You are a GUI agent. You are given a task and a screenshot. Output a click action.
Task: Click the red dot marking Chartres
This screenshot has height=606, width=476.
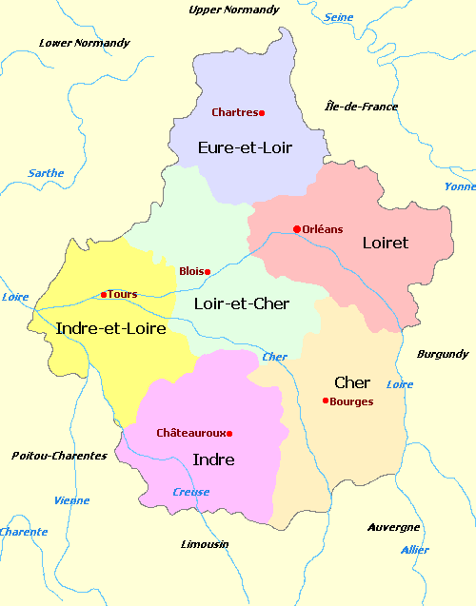tap(262, 113)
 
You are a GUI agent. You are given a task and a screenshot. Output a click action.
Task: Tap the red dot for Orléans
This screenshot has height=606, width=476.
tap(297, 228)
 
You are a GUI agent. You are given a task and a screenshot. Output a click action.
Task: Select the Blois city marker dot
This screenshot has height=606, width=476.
tap(208, 272)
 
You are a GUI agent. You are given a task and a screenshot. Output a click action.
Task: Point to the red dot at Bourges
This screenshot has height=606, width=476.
tap(326, 401)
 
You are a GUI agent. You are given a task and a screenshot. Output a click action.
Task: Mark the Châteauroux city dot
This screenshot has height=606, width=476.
tap(229, 434)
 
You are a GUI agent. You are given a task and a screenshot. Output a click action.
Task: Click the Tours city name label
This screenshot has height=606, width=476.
tap(123, 294)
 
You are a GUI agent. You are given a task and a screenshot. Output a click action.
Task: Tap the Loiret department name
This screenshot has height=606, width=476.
tap(385, 243)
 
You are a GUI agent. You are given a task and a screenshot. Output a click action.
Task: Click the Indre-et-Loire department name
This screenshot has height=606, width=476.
tap(111, 328)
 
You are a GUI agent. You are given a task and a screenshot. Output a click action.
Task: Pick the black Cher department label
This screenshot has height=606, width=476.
tap(352, 382)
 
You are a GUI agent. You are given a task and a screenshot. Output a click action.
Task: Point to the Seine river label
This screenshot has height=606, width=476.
tap(338, 17)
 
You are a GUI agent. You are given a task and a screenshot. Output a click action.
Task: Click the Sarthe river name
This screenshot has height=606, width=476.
tap(47, 173)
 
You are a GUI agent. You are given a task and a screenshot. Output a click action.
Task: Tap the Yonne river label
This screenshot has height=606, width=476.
tap(460, 186)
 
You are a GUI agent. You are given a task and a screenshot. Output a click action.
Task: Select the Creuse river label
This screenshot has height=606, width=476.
tap(191, 492)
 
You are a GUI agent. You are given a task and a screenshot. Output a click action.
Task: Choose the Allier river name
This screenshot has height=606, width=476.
tap(415, 550)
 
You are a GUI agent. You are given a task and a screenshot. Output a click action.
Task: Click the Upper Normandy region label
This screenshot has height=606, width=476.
tap(234, 10)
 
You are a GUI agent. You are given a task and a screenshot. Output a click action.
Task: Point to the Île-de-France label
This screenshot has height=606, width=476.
tap(362, 107)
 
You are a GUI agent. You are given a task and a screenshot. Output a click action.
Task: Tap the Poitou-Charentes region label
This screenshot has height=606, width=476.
tap(59, 456)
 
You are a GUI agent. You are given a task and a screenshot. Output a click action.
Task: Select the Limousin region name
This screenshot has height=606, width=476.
tap(205, 544)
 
